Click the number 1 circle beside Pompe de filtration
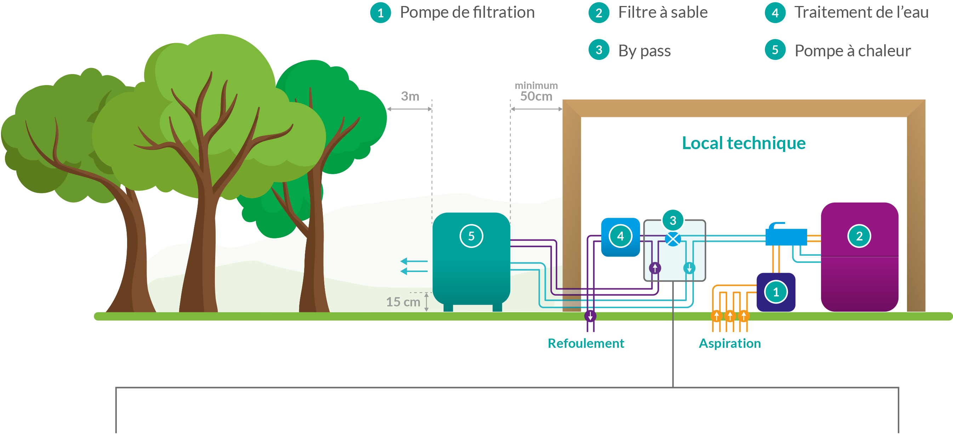[380, 13]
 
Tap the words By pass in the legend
[644, 51]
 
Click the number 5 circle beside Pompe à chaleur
[775, 50]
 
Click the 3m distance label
[410, 97]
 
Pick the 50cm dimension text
[536, 97]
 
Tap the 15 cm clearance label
[403, 302]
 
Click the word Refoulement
[586, 344]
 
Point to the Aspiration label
[730, 344]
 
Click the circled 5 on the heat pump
[471, 236]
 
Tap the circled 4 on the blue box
[621, 236]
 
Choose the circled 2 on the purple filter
[859, 236]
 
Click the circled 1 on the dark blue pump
[776, 292]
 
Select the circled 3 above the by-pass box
[673, 221]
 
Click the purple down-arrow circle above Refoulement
[590, 316]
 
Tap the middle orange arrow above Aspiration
[730, 316]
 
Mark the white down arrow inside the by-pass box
[689, 268]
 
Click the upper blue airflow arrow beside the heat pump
[413, 261]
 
